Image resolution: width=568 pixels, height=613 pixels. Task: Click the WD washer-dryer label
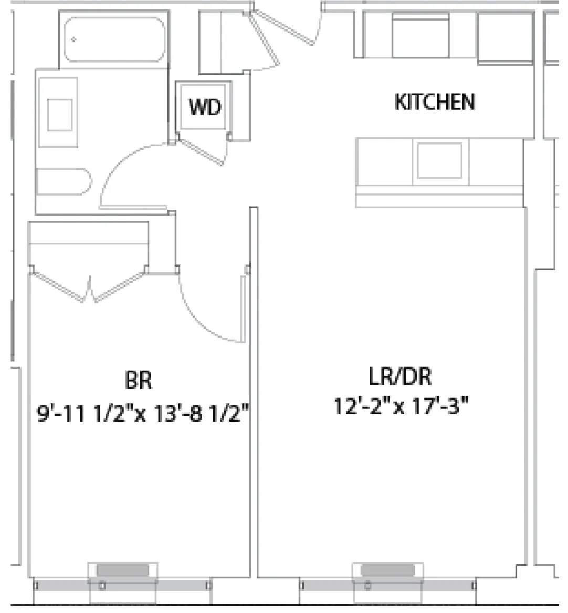tap(205, 107)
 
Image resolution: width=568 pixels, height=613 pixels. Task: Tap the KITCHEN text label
tap(435, 102)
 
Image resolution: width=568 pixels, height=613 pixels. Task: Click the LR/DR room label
tap(400, 377)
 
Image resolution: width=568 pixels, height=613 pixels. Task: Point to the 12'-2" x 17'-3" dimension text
tap(401, 406)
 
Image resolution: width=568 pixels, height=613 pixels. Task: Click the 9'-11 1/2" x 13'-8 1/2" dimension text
tap(142, 414)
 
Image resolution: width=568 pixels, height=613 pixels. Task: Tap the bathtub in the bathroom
tap(114, 40)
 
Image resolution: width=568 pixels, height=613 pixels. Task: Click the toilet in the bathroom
tap(63, 182)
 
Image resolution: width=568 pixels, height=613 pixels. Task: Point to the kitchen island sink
tap(439, 161)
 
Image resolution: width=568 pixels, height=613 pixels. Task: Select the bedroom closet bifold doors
tap(89, 289)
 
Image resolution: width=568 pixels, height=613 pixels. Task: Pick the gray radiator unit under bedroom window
tap(123, 570)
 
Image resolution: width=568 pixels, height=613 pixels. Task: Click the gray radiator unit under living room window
tap(387, 570)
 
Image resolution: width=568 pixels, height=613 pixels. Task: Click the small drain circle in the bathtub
tap(74, 39)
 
